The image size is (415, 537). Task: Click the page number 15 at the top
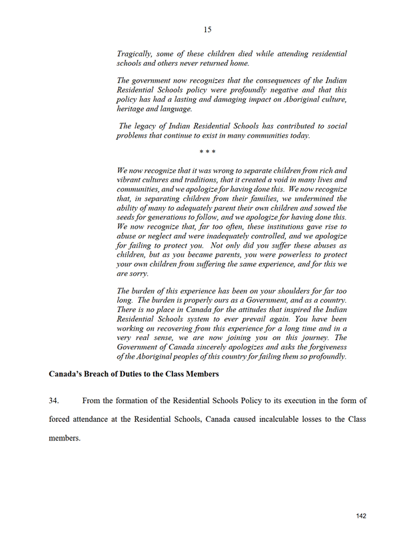(x=207, y=29)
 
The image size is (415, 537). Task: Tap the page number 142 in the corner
(x=362, y=516)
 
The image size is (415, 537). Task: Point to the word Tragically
(x=135, y=53)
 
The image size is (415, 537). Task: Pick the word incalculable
(x=274, y=420)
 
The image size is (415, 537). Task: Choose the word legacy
(x=149, y=126)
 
